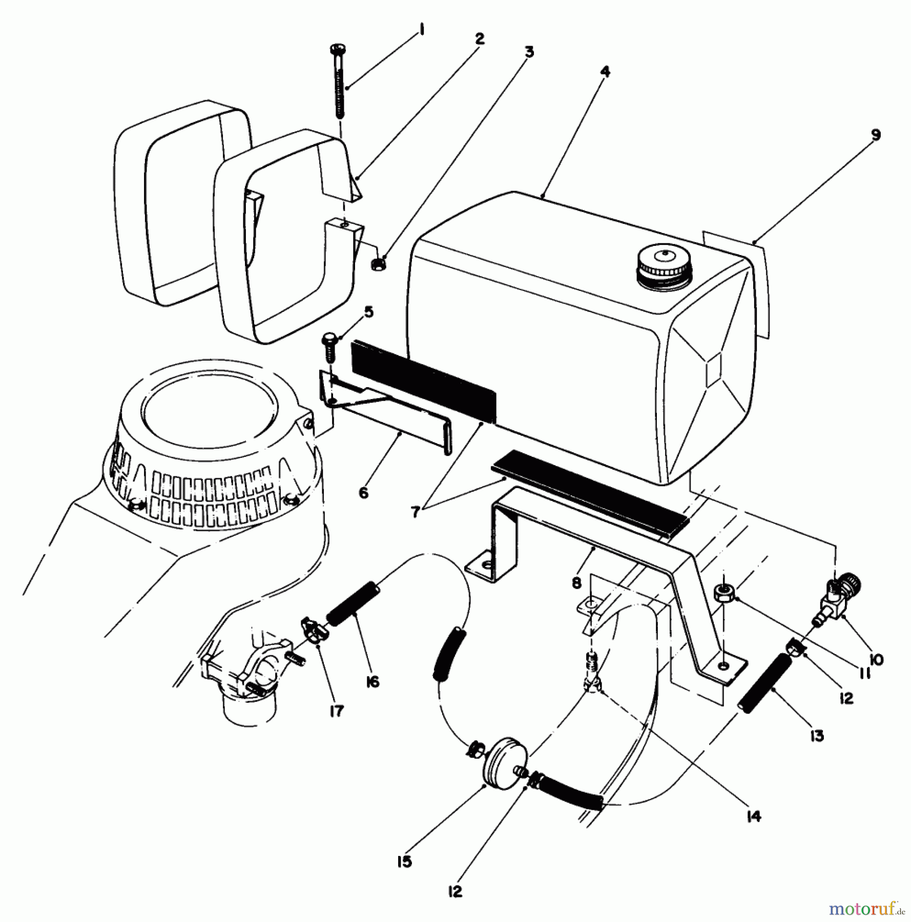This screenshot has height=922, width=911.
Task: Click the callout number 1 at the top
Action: click(421, 31)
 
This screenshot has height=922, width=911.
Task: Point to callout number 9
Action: click(875, 135)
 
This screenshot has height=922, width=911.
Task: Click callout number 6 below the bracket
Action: click(363, 493)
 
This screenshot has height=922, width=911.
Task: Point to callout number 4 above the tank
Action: click(605, 71)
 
